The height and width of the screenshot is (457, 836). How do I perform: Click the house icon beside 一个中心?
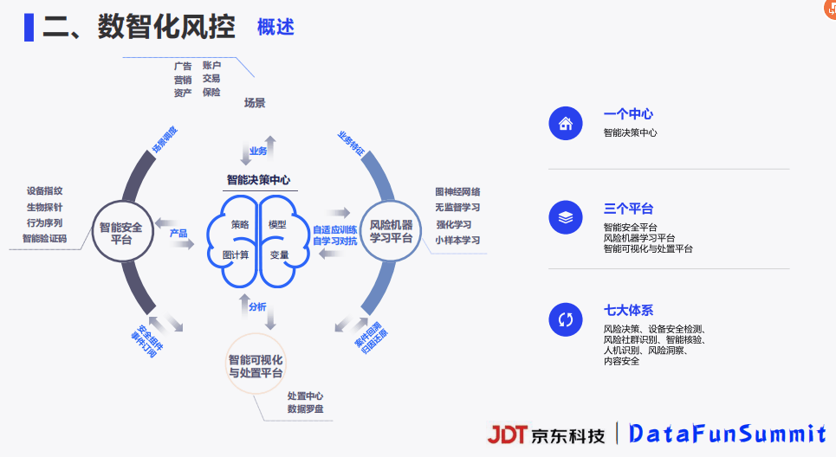point(566,123)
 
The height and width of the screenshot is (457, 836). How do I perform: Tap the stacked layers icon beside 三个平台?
point(566,218)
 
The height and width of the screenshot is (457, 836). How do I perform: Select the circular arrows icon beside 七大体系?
point(566,319)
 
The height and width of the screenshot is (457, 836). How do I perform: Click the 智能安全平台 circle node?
point(122,234)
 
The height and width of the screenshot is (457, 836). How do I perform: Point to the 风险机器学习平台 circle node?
point(391,231)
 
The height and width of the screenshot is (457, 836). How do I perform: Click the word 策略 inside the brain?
point(240,225)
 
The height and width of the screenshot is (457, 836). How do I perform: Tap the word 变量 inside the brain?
point(279,255)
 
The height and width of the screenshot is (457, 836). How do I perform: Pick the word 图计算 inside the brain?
point(236,255)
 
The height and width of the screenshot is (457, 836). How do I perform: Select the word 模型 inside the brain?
point(277,225)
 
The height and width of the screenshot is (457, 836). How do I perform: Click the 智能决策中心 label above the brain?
point(258,181)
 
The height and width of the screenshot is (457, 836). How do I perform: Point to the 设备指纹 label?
point(44,191)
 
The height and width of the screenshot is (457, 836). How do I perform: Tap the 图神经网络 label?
point(457,192)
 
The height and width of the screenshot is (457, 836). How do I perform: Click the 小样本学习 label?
point(457,241)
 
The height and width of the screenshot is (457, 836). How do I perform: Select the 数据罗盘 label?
point(305,409)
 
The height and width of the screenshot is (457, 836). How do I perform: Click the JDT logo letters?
point(507,434)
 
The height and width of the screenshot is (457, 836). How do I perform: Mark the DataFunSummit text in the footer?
point(728,434)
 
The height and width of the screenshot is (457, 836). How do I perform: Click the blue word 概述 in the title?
point(275,27)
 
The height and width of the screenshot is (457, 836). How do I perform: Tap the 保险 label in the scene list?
point(211,93)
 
